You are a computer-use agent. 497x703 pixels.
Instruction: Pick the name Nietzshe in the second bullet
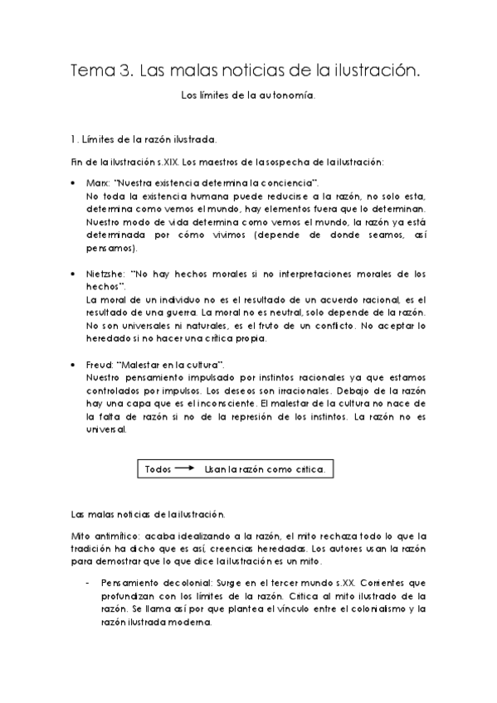tap(105, 273)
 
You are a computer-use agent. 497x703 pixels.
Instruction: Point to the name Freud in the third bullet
tap(99, 365)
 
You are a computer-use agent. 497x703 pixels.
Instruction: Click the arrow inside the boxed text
tap(185, 469)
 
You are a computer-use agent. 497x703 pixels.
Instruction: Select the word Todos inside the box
tap(158, 469)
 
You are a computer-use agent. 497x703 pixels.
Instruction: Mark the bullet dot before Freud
tap(75, 365)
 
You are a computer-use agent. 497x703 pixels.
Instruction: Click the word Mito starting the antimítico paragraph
tap(80, 536)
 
